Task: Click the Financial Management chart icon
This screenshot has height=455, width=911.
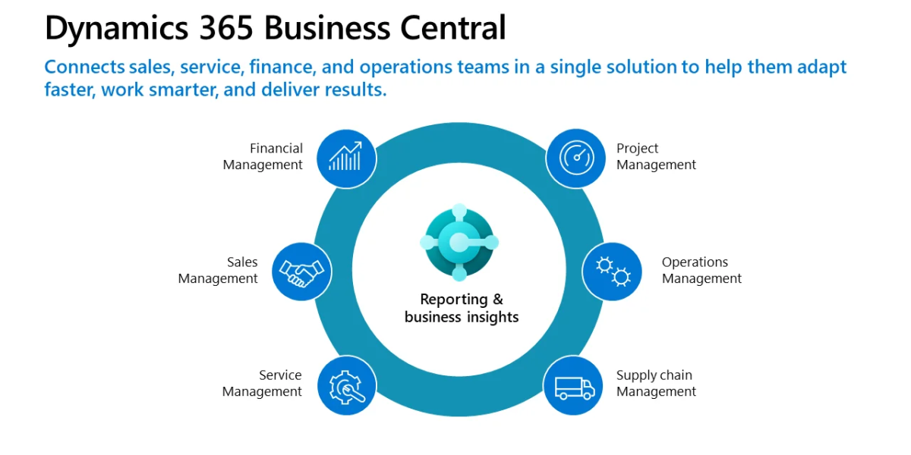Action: pyautogui.click(x=346, y=158)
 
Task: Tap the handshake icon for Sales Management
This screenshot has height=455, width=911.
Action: pyautogui.click(x=301, y=271)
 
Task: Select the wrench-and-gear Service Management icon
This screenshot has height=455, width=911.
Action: pyautogui.click(x=347, y=385)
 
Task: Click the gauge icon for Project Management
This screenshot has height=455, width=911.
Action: pyautogui.click(x=575, y=158)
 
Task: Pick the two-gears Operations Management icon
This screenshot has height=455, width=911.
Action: pyautogui.click(x=613, y=271)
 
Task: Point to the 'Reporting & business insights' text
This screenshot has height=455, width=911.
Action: pyautogui.click(x=462, y=308)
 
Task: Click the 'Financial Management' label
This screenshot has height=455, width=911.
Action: pyautogui.click(x=263, y=156)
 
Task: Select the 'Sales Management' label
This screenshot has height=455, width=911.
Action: pyautogui.click(x=218, y=270)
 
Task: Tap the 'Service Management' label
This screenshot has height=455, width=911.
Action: pyautogui.click(x=262, y=383)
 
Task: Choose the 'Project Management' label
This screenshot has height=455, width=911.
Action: pyautogui.click(x=656, y=156)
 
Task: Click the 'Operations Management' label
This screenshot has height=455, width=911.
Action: pyautogui.click(x=701, y=270)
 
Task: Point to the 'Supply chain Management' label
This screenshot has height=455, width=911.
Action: pyautogui.click(x=656, y=383)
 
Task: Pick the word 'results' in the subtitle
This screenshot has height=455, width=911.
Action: pyautogui.click(x=354, y=89)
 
